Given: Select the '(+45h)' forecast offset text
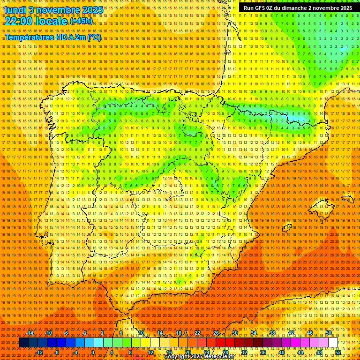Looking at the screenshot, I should pos(81,21).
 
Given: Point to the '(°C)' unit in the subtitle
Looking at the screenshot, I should pos(94,37).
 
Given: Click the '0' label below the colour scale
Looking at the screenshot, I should pos(93,352).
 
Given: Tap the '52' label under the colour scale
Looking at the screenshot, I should pos(338,352).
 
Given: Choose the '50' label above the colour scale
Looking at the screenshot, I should pos(329,333).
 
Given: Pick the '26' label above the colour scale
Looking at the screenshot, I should pos(216,333).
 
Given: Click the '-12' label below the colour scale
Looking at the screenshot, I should pos(39,352).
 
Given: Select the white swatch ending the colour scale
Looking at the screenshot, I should pos(333,343).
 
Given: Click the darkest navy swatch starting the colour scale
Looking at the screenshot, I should pos(23,343).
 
